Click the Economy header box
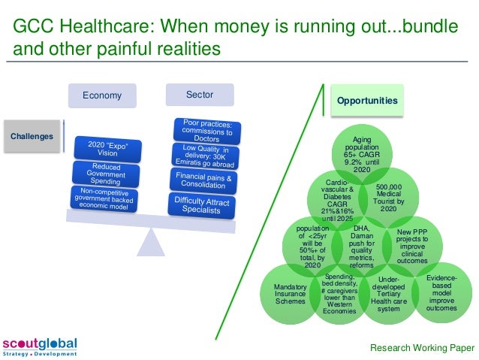click(x=102, y=95)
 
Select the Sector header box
click(x=199, y=95)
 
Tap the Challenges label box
click(x=32, y=136)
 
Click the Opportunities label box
click(x=367, y=100)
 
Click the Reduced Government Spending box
click(x=107, y=174)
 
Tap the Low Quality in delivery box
click(x=205, y=156)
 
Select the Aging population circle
click(x=362, y=155)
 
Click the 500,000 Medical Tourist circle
click(x=389, y=198)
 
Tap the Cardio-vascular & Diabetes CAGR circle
click(x=336, y=198)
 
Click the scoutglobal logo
click(x=40, y=346)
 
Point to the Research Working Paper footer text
click(x=422, y=347)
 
